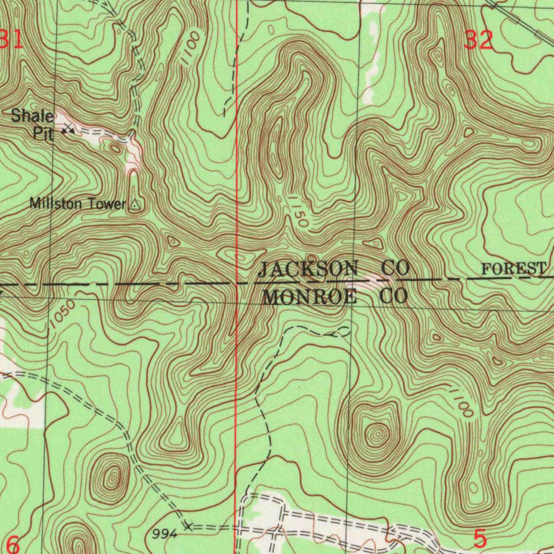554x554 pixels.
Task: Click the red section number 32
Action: [x=479, y=40]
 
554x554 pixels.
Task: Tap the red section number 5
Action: [x=480, y=539]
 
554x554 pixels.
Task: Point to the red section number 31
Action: [x=11, y=40]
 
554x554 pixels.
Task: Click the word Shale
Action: [x=32, y=115]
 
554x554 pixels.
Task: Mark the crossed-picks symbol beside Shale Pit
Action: [x=68, y=129]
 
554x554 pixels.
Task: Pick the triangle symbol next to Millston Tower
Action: [x=135, y=205]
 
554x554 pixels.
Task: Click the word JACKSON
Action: [x=308, y=268]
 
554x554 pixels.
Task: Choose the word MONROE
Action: [x=309, y=296]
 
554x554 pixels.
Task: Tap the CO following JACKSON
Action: [x=394, y=268]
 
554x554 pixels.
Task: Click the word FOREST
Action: [x=513, y=268]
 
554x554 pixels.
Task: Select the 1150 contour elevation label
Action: [x=298, y=212]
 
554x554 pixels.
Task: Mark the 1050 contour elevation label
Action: [x=61, y=315]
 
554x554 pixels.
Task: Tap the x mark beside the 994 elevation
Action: [x=188, y=525]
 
